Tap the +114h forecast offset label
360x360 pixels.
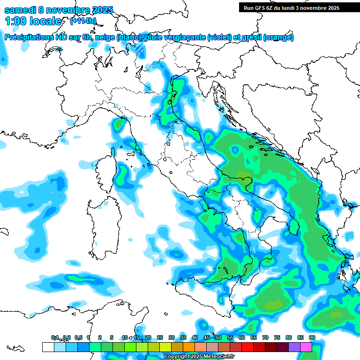(83, 21)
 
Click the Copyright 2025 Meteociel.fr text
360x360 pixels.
(199, 357)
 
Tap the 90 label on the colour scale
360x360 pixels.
(312, 337)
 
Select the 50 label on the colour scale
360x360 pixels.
(218, 337)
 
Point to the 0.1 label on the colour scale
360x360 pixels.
(55, 337)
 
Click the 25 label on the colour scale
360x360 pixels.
(160, 337)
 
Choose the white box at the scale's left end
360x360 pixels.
(48, 347)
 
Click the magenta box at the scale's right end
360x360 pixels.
(306, 347)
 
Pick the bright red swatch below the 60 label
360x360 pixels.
(247, 347)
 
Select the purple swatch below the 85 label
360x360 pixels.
(294, 347)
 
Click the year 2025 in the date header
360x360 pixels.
(99, 10)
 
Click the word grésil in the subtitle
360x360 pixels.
(251, 37)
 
